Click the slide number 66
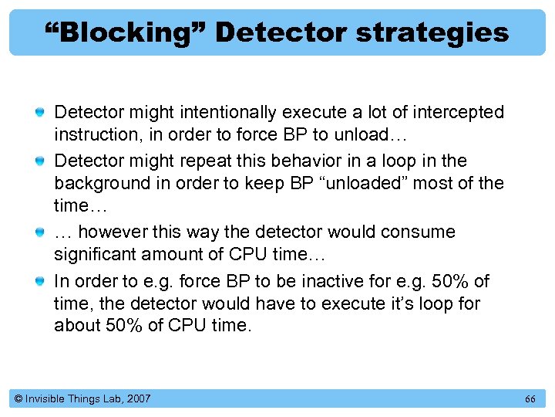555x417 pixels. pyautogui.click(x=530, y=399)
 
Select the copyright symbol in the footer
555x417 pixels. pyautogui.click(x=18, y=399)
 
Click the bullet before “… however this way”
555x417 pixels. pyautogui.click(x=39, y=232)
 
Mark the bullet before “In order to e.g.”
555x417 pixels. pyautogui.click(x=39, y=281)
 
